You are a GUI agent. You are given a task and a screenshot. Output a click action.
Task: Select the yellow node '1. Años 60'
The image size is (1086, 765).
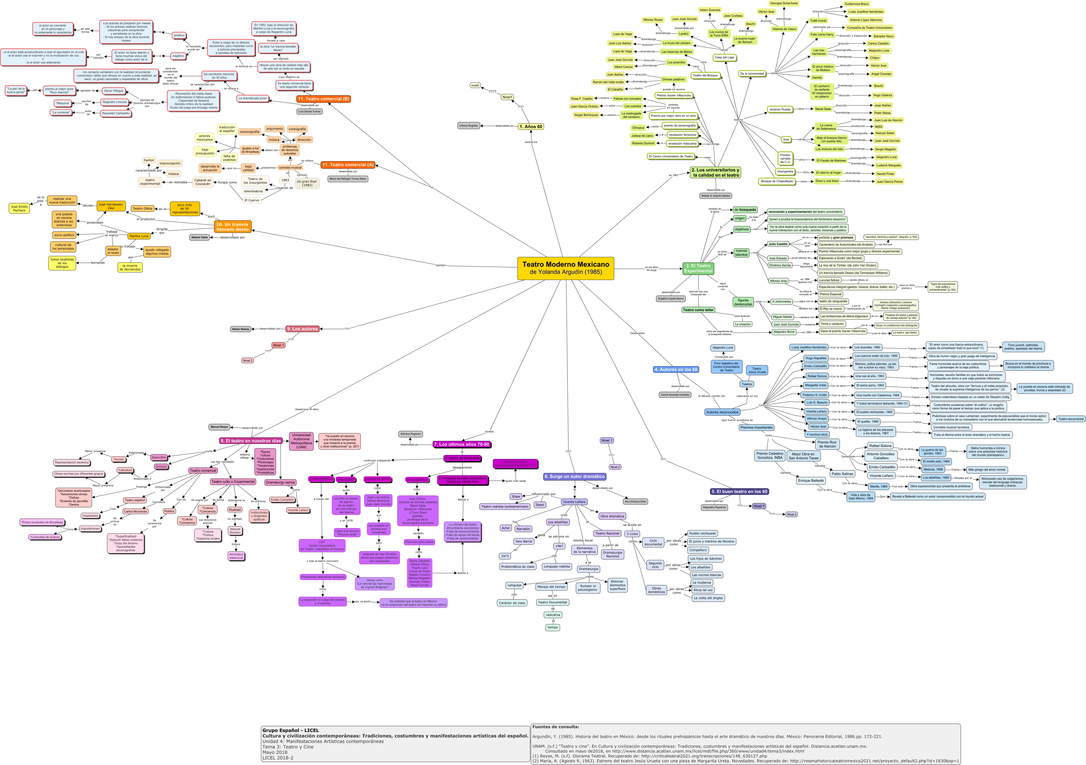click(531, 127)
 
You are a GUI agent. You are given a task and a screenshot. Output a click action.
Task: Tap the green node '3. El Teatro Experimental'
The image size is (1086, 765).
click(698, 268)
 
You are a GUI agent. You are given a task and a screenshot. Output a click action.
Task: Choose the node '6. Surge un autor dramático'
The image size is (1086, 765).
click(574, 476)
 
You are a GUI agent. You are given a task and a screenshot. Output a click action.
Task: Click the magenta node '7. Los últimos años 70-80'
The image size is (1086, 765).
click(461, 444)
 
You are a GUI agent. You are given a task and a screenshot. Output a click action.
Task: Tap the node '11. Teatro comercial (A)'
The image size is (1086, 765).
click(348, 165)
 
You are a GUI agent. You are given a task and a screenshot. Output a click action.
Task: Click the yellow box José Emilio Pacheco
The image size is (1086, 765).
click(19, 209)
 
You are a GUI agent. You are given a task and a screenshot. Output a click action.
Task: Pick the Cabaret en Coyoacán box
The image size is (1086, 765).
click(203, 182)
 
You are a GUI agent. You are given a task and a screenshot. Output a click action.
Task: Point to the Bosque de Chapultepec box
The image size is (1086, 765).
click(777, 181)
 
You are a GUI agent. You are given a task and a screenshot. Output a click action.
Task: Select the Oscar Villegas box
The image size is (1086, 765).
click(114, 91)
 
